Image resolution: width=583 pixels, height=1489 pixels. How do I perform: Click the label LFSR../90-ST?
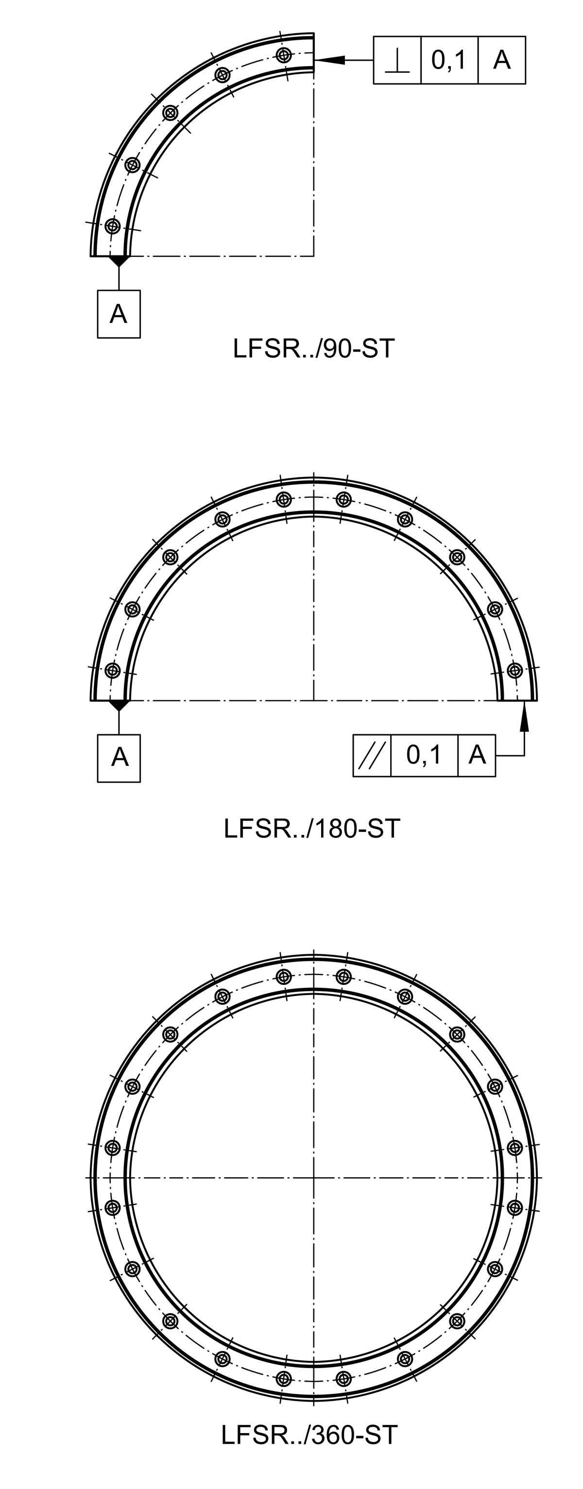pos(313,349)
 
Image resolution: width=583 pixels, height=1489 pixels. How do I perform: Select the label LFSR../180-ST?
pos(312,829)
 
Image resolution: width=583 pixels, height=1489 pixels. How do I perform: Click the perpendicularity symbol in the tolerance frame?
pos(397,61)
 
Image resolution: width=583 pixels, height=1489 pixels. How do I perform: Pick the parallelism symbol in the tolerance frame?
pos(372,755)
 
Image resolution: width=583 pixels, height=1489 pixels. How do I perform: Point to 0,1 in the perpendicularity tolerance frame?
pos(449,60)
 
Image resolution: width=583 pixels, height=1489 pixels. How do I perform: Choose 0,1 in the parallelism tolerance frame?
pos(424,755)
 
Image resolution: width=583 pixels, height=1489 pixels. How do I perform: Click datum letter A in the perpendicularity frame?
pos(501,60)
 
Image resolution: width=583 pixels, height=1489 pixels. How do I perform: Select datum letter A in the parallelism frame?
pos(477,754)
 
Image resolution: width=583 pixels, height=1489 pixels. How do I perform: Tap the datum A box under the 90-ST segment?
pos(119,314)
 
